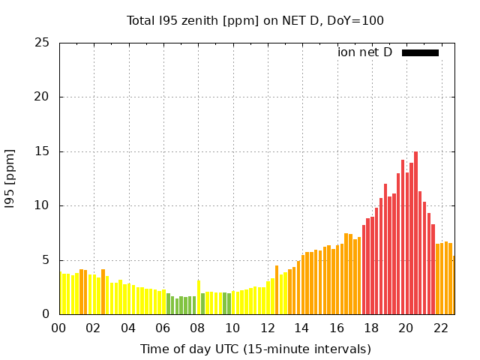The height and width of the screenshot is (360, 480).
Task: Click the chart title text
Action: click(x=255, y=20)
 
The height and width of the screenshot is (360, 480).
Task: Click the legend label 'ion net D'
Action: click(x=364, y=52)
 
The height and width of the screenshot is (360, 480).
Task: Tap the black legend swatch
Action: click(x=420, y=52)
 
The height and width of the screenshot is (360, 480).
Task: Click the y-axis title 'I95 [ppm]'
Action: click(x=10, y=178)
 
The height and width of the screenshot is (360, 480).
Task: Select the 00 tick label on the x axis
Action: click(x=58, y=328)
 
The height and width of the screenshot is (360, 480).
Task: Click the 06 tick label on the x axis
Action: click(x=163, y=328)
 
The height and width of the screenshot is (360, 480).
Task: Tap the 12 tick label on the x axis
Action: click(x=267, y=328)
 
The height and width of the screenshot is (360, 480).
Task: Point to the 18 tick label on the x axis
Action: click(x=371, y=328)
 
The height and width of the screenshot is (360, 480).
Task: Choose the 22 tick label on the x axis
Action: click(x=440, y=328)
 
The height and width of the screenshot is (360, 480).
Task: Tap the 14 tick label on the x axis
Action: click(x=301, y=328)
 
